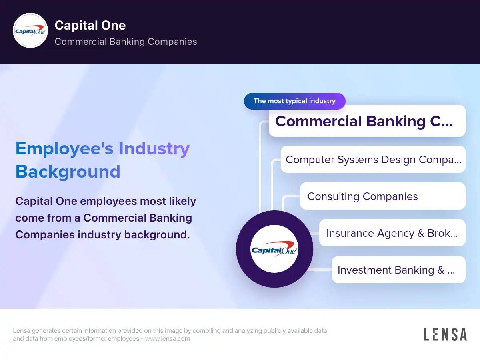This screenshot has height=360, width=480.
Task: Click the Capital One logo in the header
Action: tap(30, 30)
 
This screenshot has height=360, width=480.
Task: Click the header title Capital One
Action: tap(90, 25)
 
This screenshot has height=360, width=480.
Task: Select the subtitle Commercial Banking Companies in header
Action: tap(126, 42)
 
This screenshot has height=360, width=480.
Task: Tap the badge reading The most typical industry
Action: tap(294, 101)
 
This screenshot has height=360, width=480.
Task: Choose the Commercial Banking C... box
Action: tap(367, 121)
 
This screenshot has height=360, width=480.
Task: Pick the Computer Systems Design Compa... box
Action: tap(373, 159)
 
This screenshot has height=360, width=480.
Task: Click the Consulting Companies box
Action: tap(382, 196)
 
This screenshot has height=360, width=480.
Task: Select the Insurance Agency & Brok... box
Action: tap(392, 233)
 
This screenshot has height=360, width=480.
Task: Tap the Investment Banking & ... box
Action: tap(398, 270)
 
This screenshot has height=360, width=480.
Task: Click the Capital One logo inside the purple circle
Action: tap(274, 249)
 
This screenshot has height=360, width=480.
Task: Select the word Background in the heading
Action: tap(68, 172)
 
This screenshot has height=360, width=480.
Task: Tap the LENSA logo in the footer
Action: tap(445, 334)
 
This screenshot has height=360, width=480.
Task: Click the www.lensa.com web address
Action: tap(168, 338)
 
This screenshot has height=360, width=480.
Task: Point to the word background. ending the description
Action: tap(157, 235)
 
